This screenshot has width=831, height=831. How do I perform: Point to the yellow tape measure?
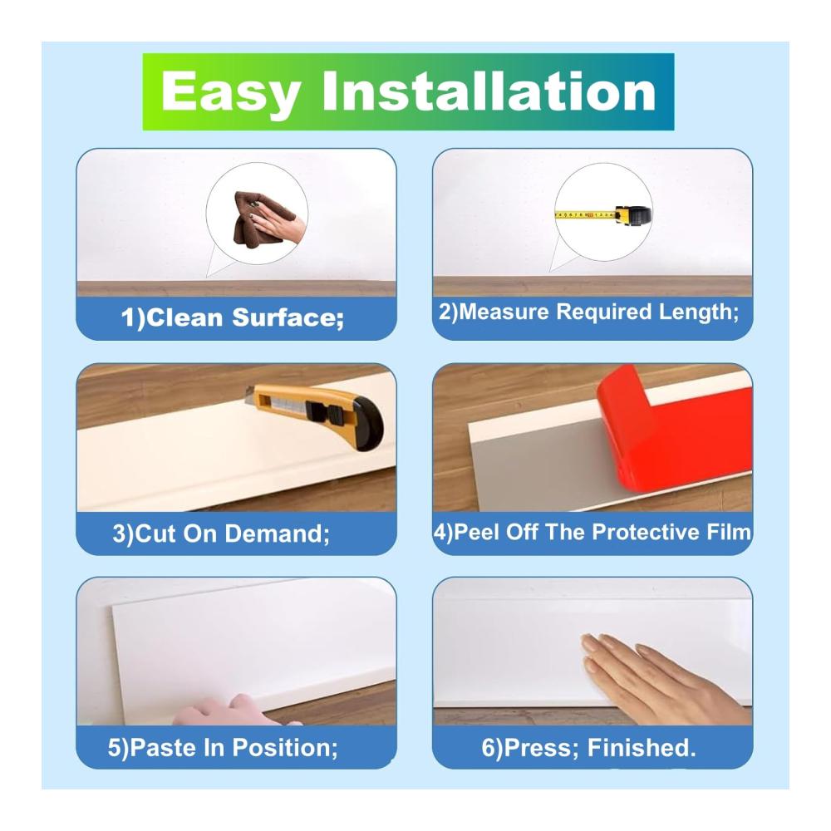coord(603,214)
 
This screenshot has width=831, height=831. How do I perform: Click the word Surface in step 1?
coord(288,317)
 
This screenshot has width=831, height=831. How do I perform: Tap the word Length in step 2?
coord(699,312)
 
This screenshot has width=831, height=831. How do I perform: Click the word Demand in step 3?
coord(278,534)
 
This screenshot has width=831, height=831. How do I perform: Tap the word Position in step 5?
coord(284,747)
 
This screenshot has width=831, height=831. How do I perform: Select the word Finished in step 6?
coord(642,747)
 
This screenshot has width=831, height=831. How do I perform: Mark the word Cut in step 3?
coord(156,534)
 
